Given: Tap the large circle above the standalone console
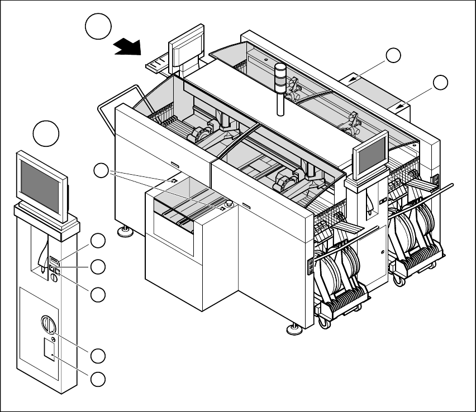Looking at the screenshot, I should tap(46, 134).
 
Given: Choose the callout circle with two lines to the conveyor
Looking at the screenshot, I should tap(101, 171).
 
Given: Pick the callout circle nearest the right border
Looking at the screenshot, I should tap(441, 83).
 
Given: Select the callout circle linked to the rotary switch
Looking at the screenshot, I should tap(98, 354).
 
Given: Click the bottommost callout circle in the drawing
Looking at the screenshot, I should tap(98, 379).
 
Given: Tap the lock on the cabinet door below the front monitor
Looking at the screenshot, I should tap(382, 252).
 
